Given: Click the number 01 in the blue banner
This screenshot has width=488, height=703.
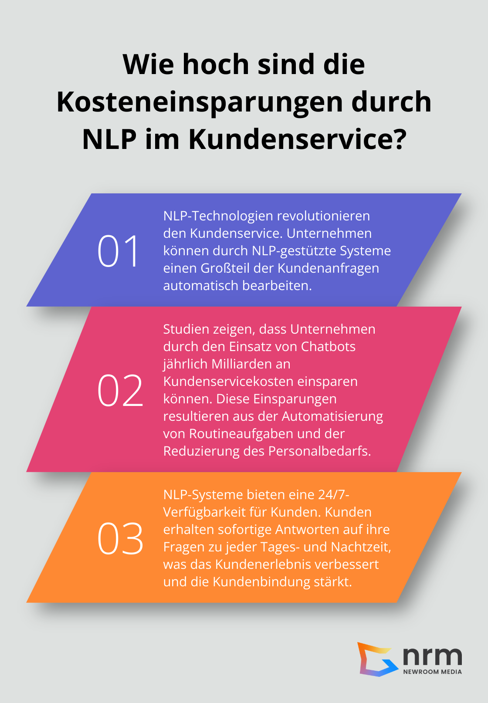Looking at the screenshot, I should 118,251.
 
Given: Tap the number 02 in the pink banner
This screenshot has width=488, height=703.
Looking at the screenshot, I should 120,391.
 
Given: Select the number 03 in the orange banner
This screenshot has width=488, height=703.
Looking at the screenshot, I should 120,539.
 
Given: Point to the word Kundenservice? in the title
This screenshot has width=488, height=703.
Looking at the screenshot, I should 298,139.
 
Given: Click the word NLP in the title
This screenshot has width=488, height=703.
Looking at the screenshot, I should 109,139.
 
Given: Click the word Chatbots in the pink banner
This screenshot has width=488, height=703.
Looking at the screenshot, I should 328,347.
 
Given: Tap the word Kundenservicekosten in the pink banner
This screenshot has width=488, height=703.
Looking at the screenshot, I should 228,382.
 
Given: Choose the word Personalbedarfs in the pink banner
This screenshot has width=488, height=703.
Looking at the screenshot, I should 319,451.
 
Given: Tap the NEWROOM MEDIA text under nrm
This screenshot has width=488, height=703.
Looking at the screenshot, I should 432,672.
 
